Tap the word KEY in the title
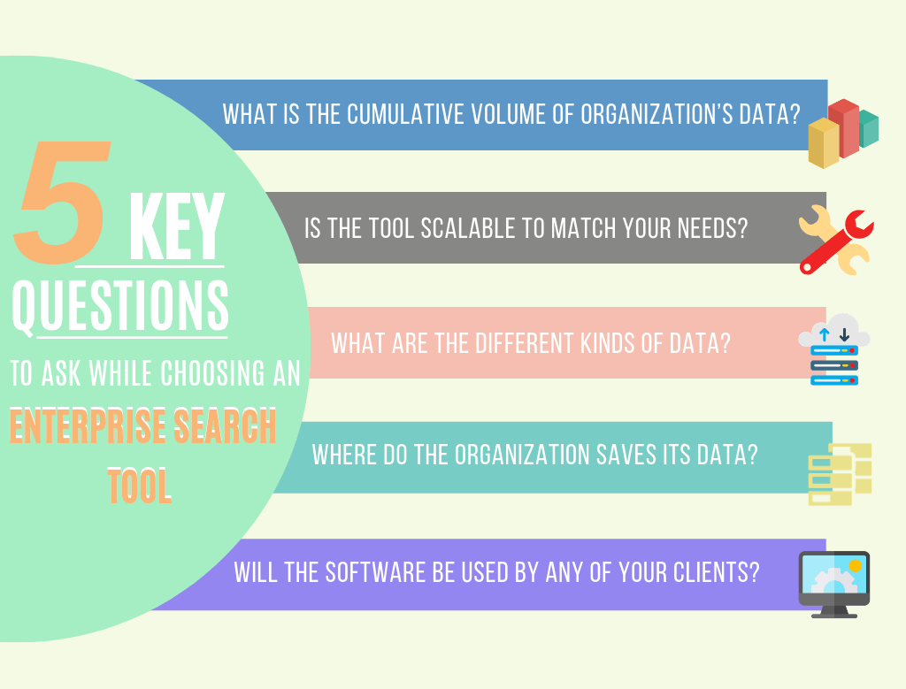[x=176, y=228]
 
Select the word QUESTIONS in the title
[x=120, y=305]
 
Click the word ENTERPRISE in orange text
[x=89, y=428]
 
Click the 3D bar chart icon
[x=842, y=134]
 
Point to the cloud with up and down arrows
[x=833, y=335]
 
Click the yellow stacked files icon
[x=840, y=473]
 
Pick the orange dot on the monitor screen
[x=855, y=565]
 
